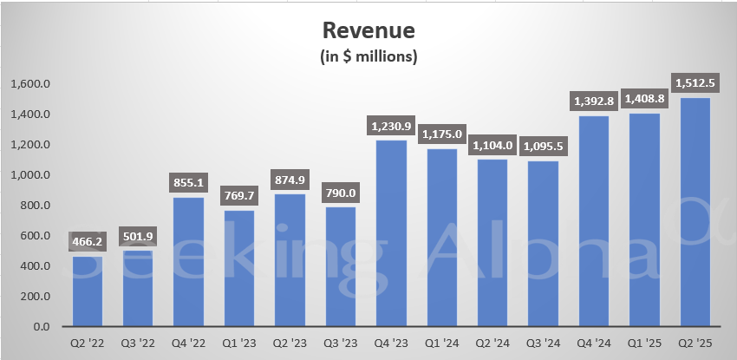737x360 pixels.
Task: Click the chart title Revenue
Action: (x=368, y=32)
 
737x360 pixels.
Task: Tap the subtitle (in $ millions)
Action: (x=368, y=57)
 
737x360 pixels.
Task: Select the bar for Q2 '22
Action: (x=87, y=291)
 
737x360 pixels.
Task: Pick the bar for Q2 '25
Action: (x=693, y=213)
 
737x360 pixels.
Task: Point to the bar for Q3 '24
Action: (x=542, y=244)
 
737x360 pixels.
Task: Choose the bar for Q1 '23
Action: (x=239, y=269)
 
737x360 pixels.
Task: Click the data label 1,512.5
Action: (x=693, y=83)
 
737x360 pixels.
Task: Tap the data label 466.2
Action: (x=87, y=242)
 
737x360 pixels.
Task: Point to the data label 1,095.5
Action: (x=542, y=147)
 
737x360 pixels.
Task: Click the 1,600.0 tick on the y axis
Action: (x=30, y=84)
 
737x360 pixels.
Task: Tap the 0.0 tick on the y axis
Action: (x=41, y=327)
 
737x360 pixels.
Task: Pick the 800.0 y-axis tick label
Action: (x=35, y=206)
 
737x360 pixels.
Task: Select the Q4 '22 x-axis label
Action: (x=188, y=344)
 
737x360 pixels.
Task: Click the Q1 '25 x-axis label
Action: (x=642, y=344)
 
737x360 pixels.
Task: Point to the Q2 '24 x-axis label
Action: (x=492, y=344)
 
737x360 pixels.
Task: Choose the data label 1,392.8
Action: (x=592, y=101)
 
